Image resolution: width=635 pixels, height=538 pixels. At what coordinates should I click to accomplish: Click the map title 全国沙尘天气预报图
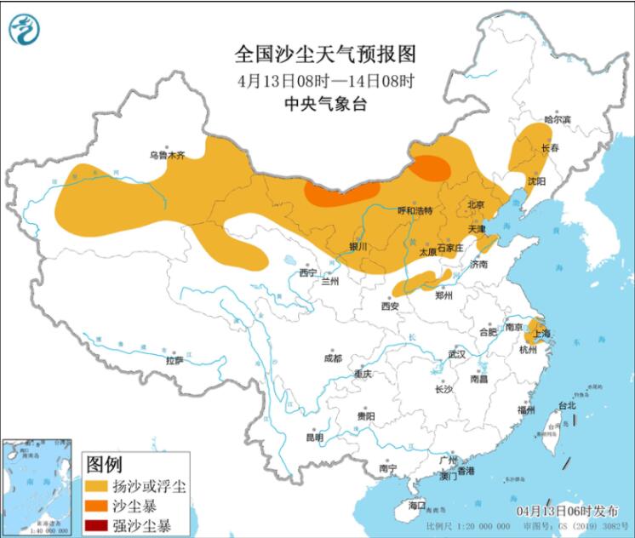[x=325, y=55]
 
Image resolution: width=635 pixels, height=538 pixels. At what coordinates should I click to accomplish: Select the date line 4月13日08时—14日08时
[x=325, y=82]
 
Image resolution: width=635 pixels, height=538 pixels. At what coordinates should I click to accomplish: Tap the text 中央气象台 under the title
[x=325, y=105]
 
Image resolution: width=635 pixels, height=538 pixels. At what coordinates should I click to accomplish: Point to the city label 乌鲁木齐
[x=167, y=156]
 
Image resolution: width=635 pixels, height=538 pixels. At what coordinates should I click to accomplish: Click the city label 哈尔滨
[x=557, y=119]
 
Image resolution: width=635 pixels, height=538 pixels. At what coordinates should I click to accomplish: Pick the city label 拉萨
[x=174, y=360]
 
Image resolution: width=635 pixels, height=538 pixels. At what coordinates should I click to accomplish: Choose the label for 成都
[x=332, y=358]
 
